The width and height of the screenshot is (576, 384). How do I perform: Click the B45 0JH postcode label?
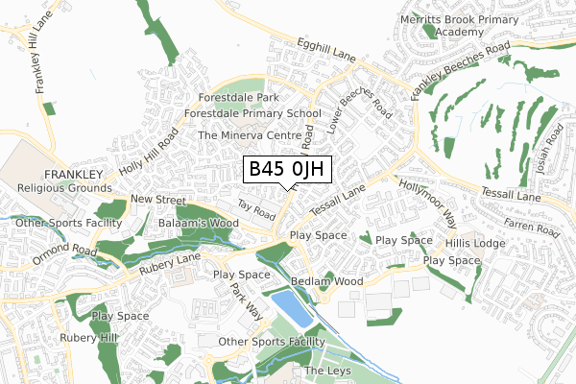[x=288, y=171]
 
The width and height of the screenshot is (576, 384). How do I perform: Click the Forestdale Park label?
[x=238, y=98]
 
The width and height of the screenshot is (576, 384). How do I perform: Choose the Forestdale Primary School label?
[x=257, y=113]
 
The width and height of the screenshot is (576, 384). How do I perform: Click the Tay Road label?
[x=256, y=205]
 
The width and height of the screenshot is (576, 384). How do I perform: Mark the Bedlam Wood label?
[x=326, y=281]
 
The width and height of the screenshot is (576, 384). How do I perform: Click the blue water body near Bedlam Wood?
[x=292, y=308]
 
